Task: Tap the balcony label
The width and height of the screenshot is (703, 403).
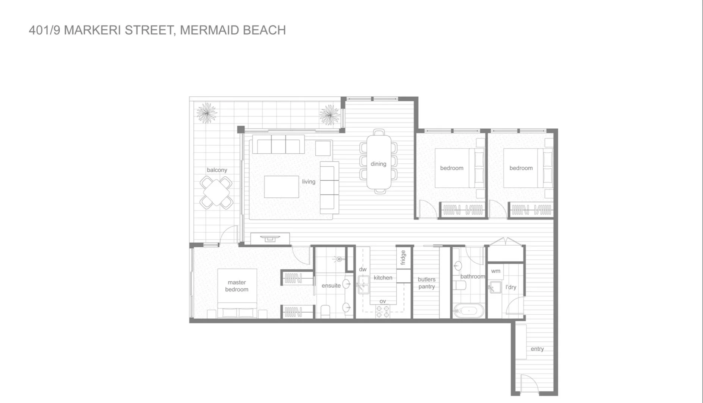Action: coord(217,170)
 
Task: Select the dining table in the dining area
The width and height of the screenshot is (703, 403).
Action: coord(379,162)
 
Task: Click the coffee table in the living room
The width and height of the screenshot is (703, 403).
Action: coord(281,187)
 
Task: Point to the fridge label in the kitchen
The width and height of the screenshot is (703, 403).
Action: coord(403,257)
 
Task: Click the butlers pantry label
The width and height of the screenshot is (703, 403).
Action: coord(427,283)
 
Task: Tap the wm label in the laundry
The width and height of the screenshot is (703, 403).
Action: coord(496,271)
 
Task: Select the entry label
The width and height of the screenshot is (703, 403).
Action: coord(537,349)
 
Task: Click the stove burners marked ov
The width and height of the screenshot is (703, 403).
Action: coord(382,312)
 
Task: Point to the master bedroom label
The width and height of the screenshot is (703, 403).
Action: coord(237,286)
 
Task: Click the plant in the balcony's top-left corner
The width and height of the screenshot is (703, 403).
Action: coord(206,113)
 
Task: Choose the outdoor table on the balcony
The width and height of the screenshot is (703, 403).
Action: coord(216,193)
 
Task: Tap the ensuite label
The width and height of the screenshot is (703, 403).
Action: coord(331,285)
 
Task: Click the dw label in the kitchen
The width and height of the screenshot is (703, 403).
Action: coord(363,269)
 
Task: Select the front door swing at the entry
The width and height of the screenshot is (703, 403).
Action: coord(528,384)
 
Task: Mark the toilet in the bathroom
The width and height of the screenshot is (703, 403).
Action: coord(460,285)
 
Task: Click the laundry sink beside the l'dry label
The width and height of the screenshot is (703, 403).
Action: coord(495,288)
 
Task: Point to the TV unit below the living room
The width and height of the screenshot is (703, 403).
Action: coord(270,238)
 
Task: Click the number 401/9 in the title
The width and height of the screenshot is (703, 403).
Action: coord(44,30)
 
